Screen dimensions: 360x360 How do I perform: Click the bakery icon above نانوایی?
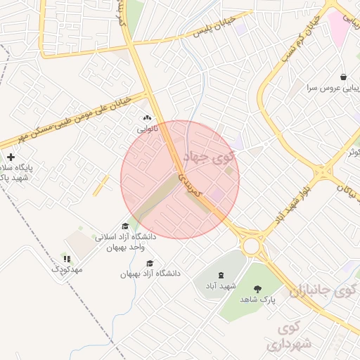147,119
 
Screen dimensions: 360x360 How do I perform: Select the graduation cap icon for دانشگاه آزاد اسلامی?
125,226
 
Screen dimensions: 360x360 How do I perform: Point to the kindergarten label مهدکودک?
67,269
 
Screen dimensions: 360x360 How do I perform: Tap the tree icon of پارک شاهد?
257,288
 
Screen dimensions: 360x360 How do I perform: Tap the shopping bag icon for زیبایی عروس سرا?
342,77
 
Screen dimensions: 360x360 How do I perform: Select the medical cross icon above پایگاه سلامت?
10,157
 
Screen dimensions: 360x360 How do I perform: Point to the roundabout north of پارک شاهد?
251,245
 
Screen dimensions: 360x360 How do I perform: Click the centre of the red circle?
180,179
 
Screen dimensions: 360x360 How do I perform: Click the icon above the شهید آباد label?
221,275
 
